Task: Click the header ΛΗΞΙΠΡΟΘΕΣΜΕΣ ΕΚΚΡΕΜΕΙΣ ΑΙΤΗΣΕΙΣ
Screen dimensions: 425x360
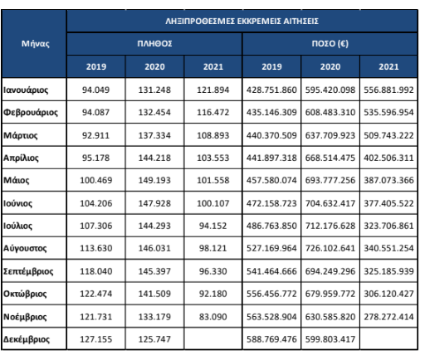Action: click(x=242, y=22)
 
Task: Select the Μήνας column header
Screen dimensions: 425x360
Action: click(x=36, y=44)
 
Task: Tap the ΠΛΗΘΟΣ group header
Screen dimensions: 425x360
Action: click(x=154, y=44)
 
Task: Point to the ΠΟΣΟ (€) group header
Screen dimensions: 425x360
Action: click(x=330, y=44)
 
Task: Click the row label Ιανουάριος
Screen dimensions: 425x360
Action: click(x=26, y=90)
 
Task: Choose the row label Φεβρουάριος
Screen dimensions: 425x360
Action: click(x=31, y=113)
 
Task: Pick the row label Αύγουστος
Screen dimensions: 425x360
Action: click(x=25, y=248)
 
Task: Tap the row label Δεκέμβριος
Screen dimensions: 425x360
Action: click(x=27, y=339)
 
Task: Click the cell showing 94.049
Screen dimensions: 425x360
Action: click(x=95, y=90)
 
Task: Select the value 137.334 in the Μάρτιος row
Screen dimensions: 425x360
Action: click(x=154, y=135)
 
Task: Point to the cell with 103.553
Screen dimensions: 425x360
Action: click(x=213, y=158)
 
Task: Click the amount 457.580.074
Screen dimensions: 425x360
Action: click(x=271, y=180)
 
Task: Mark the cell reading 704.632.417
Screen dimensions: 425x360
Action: click(x=330, y=203)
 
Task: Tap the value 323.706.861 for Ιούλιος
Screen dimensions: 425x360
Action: click(x=388, y=226)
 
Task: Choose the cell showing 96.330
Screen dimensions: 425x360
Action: click(x=213, y=271)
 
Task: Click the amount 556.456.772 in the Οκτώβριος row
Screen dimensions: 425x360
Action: click(x=271, y=294)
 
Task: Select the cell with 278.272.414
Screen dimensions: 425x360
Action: click(x=388, y=317)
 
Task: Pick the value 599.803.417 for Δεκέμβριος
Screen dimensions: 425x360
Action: click(x=330, y=339)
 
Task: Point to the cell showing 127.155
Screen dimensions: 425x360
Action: click(x=95, y=339)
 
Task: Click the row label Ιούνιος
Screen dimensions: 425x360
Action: click(x=17, y=203)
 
